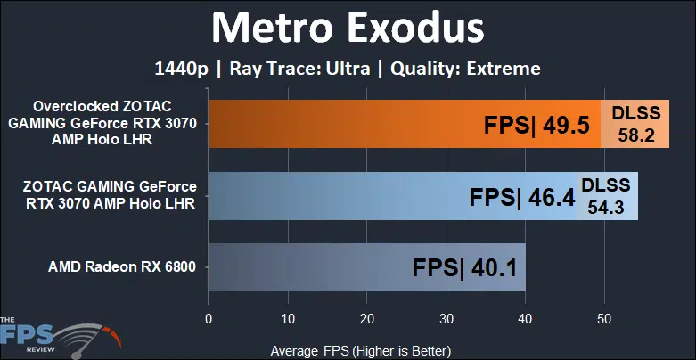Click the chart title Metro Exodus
point(348,29)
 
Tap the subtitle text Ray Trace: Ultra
point(301,69)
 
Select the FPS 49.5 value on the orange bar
point(536,126)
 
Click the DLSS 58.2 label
point(636,124)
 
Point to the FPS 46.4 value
point(522,198)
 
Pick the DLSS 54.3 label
point(605,196)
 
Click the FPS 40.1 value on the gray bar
point(464,268)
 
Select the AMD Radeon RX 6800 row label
point(122,267)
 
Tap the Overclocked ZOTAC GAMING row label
point(102,123)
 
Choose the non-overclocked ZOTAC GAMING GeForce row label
point(110,194)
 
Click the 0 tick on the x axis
point(209,319)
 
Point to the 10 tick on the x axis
point(288,319)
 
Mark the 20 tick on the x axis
point(366,319)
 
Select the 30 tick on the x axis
point(446,319)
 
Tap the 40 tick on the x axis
point(525,319)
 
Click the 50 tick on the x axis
point(604,319)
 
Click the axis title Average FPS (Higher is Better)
point(360,351)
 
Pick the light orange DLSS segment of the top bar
point(635,124)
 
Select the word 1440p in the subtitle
point(181,70)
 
